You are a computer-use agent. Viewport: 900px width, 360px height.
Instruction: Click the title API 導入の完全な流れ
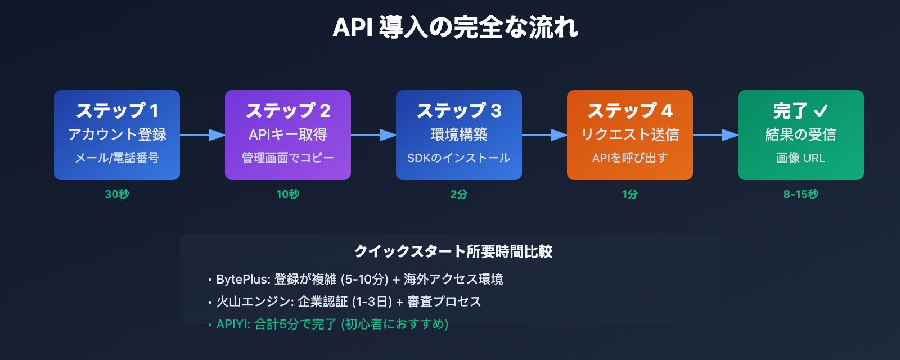click(x=455, y=28)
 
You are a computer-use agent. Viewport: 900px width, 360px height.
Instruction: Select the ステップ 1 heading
click(x=117, y=111)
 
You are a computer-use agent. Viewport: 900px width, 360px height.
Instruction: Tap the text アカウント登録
click(x=117, y=134)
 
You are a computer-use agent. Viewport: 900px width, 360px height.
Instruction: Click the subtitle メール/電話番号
click(x=117, y=158)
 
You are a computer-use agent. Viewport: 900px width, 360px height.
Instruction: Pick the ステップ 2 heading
click(x=288, y=111)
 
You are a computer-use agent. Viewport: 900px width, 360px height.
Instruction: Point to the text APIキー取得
click(x=288, y=134)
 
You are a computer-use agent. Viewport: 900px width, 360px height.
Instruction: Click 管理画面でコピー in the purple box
click(x=288, y=158)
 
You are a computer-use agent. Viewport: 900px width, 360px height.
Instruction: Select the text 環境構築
click(x=459, y=134)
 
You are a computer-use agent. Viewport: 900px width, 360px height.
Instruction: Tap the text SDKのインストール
click(x=459, y=158)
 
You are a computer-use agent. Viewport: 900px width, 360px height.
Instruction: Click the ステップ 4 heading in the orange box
click(x=630, y=111)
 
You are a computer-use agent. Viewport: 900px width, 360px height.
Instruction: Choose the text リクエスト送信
click(x=630, y=134)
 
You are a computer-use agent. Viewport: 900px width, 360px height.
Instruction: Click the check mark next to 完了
click(x=821, y=111)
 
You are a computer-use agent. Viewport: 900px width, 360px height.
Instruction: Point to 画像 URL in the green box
click(x=801, y=158)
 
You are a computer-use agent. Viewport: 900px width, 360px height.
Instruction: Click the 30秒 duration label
click(x=117, y=194)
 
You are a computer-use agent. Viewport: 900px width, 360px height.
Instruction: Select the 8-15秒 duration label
click(x=801, y=194)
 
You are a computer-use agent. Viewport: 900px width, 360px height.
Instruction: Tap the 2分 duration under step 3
click(x=459, y=194)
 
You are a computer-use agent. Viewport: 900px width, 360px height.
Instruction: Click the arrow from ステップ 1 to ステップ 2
click(x=202, y=135)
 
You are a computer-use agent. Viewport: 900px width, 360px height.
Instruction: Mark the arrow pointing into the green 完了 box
click(x=715, y=135)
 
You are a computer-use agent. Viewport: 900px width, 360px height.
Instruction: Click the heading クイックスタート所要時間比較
click(x=453, y=251)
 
